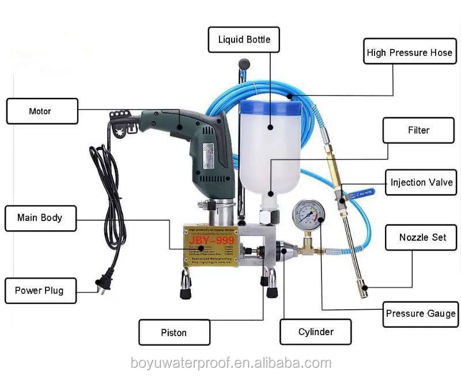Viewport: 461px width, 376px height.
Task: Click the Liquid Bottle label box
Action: click(x=244, y=40)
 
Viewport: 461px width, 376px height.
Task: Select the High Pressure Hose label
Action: click(x=409, y=52)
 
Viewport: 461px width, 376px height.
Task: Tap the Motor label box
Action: click(x=41, y=111)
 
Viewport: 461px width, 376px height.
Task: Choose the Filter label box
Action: click(x=418, y=130)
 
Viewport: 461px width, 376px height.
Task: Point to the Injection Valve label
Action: click(x=421, y=183)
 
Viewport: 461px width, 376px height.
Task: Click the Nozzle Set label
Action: click(x=422, y=237)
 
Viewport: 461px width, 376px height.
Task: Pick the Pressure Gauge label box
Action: click(x=420, y=314)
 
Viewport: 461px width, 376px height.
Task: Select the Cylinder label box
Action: click(x=316, y=332)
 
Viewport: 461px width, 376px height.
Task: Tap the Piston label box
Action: click(x=174, y=332)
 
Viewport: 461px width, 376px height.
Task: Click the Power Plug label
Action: click(x=39, y=290)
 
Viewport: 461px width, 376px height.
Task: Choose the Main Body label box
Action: click(x=40, y=218)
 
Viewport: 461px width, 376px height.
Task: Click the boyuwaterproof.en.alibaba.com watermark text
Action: click(x=230, y=363)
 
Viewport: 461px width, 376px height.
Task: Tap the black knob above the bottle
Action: click(x=244, y=63)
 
